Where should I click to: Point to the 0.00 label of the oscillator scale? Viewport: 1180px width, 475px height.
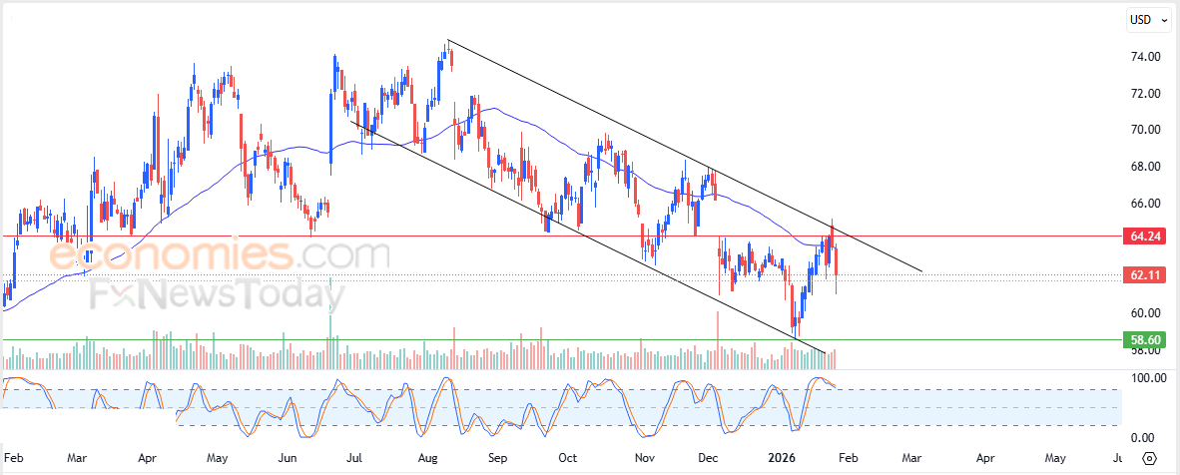(1144, 438)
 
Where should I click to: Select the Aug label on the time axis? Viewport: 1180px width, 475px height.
(427, 459)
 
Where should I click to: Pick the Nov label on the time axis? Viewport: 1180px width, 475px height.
(644, 459)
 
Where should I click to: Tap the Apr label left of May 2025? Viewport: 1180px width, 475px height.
(147, 459)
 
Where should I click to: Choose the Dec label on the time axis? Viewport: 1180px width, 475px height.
(709, 459)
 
